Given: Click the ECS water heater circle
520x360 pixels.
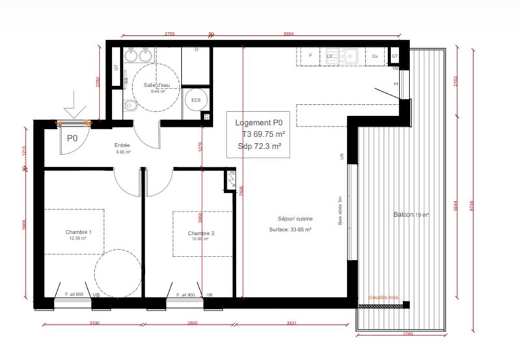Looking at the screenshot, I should [x=194, y=100].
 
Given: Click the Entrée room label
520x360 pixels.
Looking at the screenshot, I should [x=123, y=146].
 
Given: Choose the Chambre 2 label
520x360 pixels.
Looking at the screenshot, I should [x=200, y=234].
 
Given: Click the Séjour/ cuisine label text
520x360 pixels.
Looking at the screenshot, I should [x=290, y=219].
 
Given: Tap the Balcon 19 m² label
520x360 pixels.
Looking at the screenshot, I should [x=410, y=215].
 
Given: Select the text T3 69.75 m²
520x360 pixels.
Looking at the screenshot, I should [x=261, y=134].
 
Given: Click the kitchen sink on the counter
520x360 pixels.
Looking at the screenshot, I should [x=350, y=56].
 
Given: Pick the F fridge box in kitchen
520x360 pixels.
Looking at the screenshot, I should [x=310, y=57].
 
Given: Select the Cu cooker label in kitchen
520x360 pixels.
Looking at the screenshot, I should [x=375, y=57].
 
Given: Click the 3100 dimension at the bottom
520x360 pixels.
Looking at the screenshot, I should [x=94, y=323].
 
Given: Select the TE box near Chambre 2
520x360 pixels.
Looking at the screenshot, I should [x=232, y=173].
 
